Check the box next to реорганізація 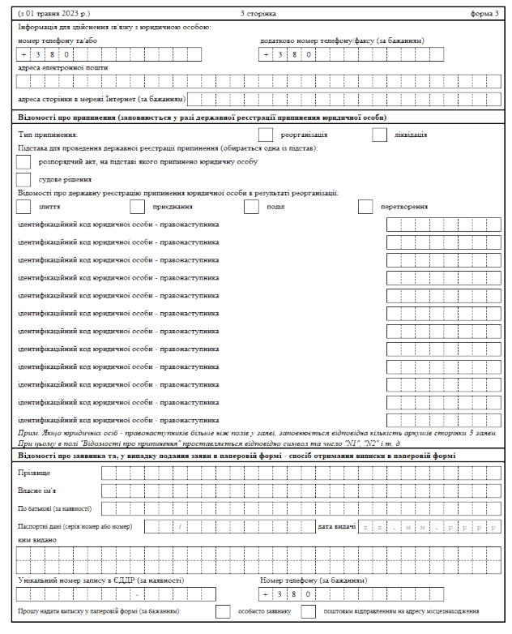[x=265, y=135]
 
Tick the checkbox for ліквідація [x=380, y=135]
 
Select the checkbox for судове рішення [x=23, y=179]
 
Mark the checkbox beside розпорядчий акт [x=23, y=162]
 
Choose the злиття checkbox [x=23, y=207]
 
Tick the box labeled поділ [x=251, y=207]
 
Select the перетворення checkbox [x=365, y=207]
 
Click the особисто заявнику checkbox [x=223, y=610]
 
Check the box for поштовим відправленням [x=308, y=610]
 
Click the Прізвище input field [x=301, y=473]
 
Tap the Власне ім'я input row [x=301, y=491]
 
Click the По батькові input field [x=301, y=508]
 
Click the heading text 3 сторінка [x=258, y=14]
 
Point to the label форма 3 [x=486, y=14]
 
